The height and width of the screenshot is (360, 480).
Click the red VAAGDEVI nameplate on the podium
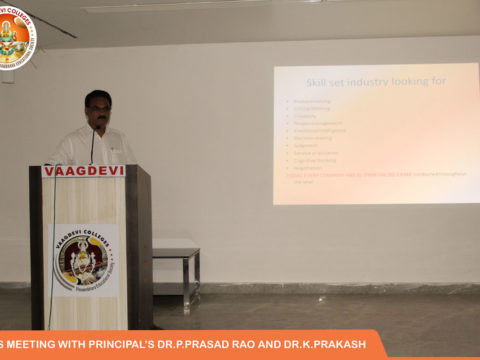pyautogui.click(x=84, y=171)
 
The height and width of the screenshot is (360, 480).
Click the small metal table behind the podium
pyautogui.click(x=176, y=256)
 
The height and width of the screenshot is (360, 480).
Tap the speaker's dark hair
pyautogui.click(x=98, y=97)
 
